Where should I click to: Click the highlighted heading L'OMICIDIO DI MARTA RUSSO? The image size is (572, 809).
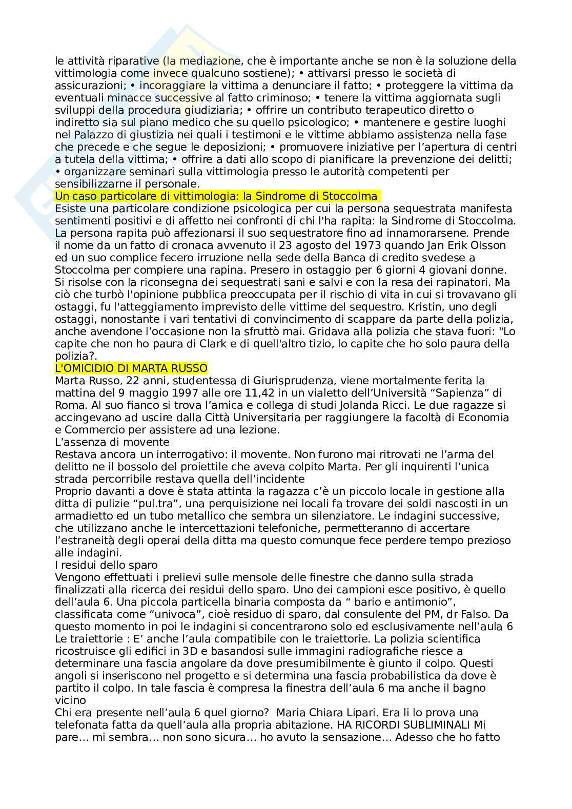tap(131, 368)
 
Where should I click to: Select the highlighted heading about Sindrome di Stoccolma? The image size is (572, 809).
tap(216, 196)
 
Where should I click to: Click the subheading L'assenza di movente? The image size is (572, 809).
tap(112, 442)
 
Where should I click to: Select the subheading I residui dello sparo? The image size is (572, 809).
tap(106, 565)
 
